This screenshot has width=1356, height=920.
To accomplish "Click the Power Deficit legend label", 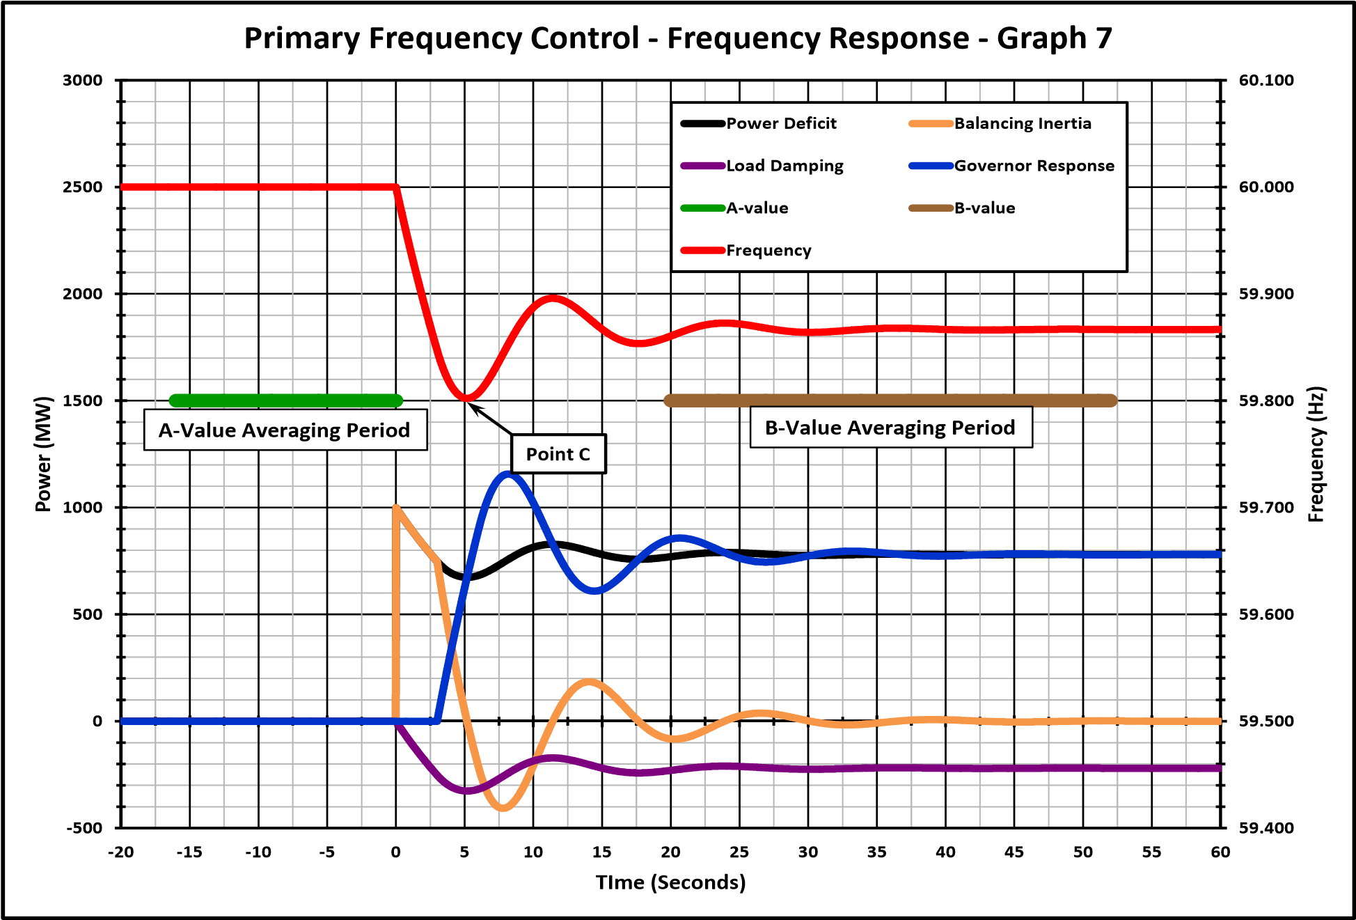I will pyautogui.click(x=781, y=123).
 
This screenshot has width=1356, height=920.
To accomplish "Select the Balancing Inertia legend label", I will pyautogui.click(x=1022, y=123).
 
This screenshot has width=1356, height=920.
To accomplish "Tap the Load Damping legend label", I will pyautogui.click(x=785, y=166).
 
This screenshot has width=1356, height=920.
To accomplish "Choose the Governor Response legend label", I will pyautogui.click(x=1034, y=166).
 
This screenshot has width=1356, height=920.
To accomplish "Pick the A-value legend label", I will pyautogui.click(x=757, y=208).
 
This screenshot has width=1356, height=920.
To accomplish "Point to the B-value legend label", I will pyautogui.click(x=984, y=208).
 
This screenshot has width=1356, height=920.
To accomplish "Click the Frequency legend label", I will pyautogui.click(x=768, y=251).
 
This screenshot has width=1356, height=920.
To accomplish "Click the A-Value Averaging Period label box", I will pyautogui.click(x=285, y=430).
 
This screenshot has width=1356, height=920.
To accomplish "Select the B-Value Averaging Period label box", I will pyautogui.click(x=890, y=427).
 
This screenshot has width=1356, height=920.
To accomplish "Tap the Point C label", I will pyautogui.click(x=558, y=454).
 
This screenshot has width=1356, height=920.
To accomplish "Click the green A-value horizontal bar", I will pyautogui.click(x=285, y=400).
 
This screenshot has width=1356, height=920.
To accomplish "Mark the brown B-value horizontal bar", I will pyautogui.click(x=890, y=400).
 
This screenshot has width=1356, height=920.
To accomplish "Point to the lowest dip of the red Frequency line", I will pyautogui.click(x=466, y=398).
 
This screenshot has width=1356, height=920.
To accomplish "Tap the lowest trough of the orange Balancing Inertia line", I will pyautogui.click(x=503, y=808).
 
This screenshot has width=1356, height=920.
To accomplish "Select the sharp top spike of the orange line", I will pyautogui.click(x=395, y=508).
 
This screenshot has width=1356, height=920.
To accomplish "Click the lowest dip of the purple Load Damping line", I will pyautogui.click(x=467, y=791).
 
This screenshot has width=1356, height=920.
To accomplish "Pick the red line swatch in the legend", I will pyautogui.click(x=702, y=251).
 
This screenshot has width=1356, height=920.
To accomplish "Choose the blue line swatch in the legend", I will pyautogui.click(x=931, y=166).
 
